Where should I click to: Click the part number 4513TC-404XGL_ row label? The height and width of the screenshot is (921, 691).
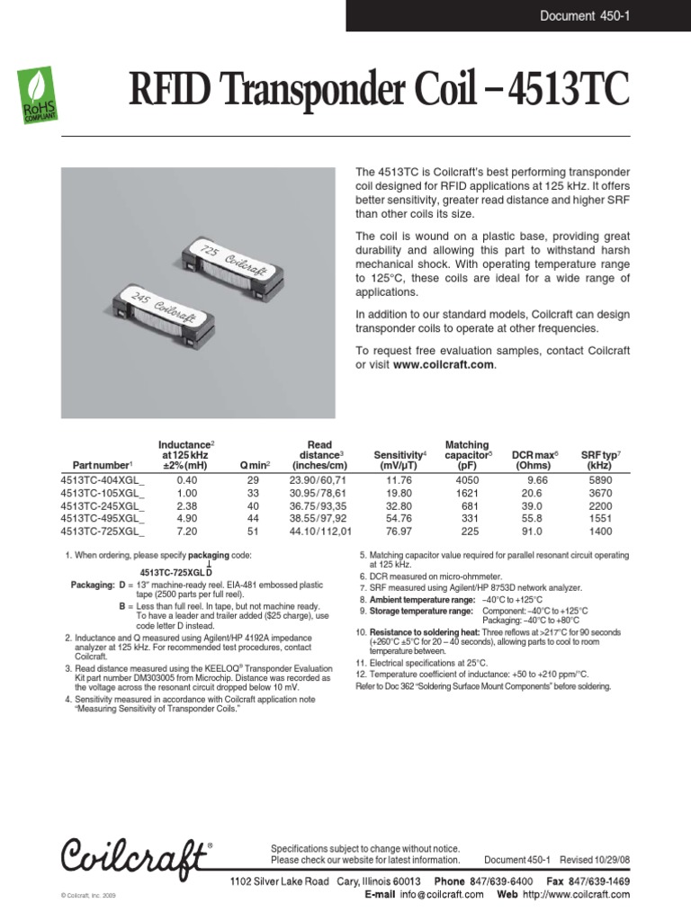point(102,481)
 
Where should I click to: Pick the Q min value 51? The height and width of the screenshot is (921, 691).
point(253,532)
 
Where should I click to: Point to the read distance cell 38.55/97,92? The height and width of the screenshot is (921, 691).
point(319,519)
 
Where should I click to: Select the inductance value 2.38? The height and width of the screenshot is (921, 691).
point(185,506)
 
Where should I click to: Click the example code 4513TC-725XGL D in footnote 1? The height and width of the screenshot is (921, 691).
point(176,572)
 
